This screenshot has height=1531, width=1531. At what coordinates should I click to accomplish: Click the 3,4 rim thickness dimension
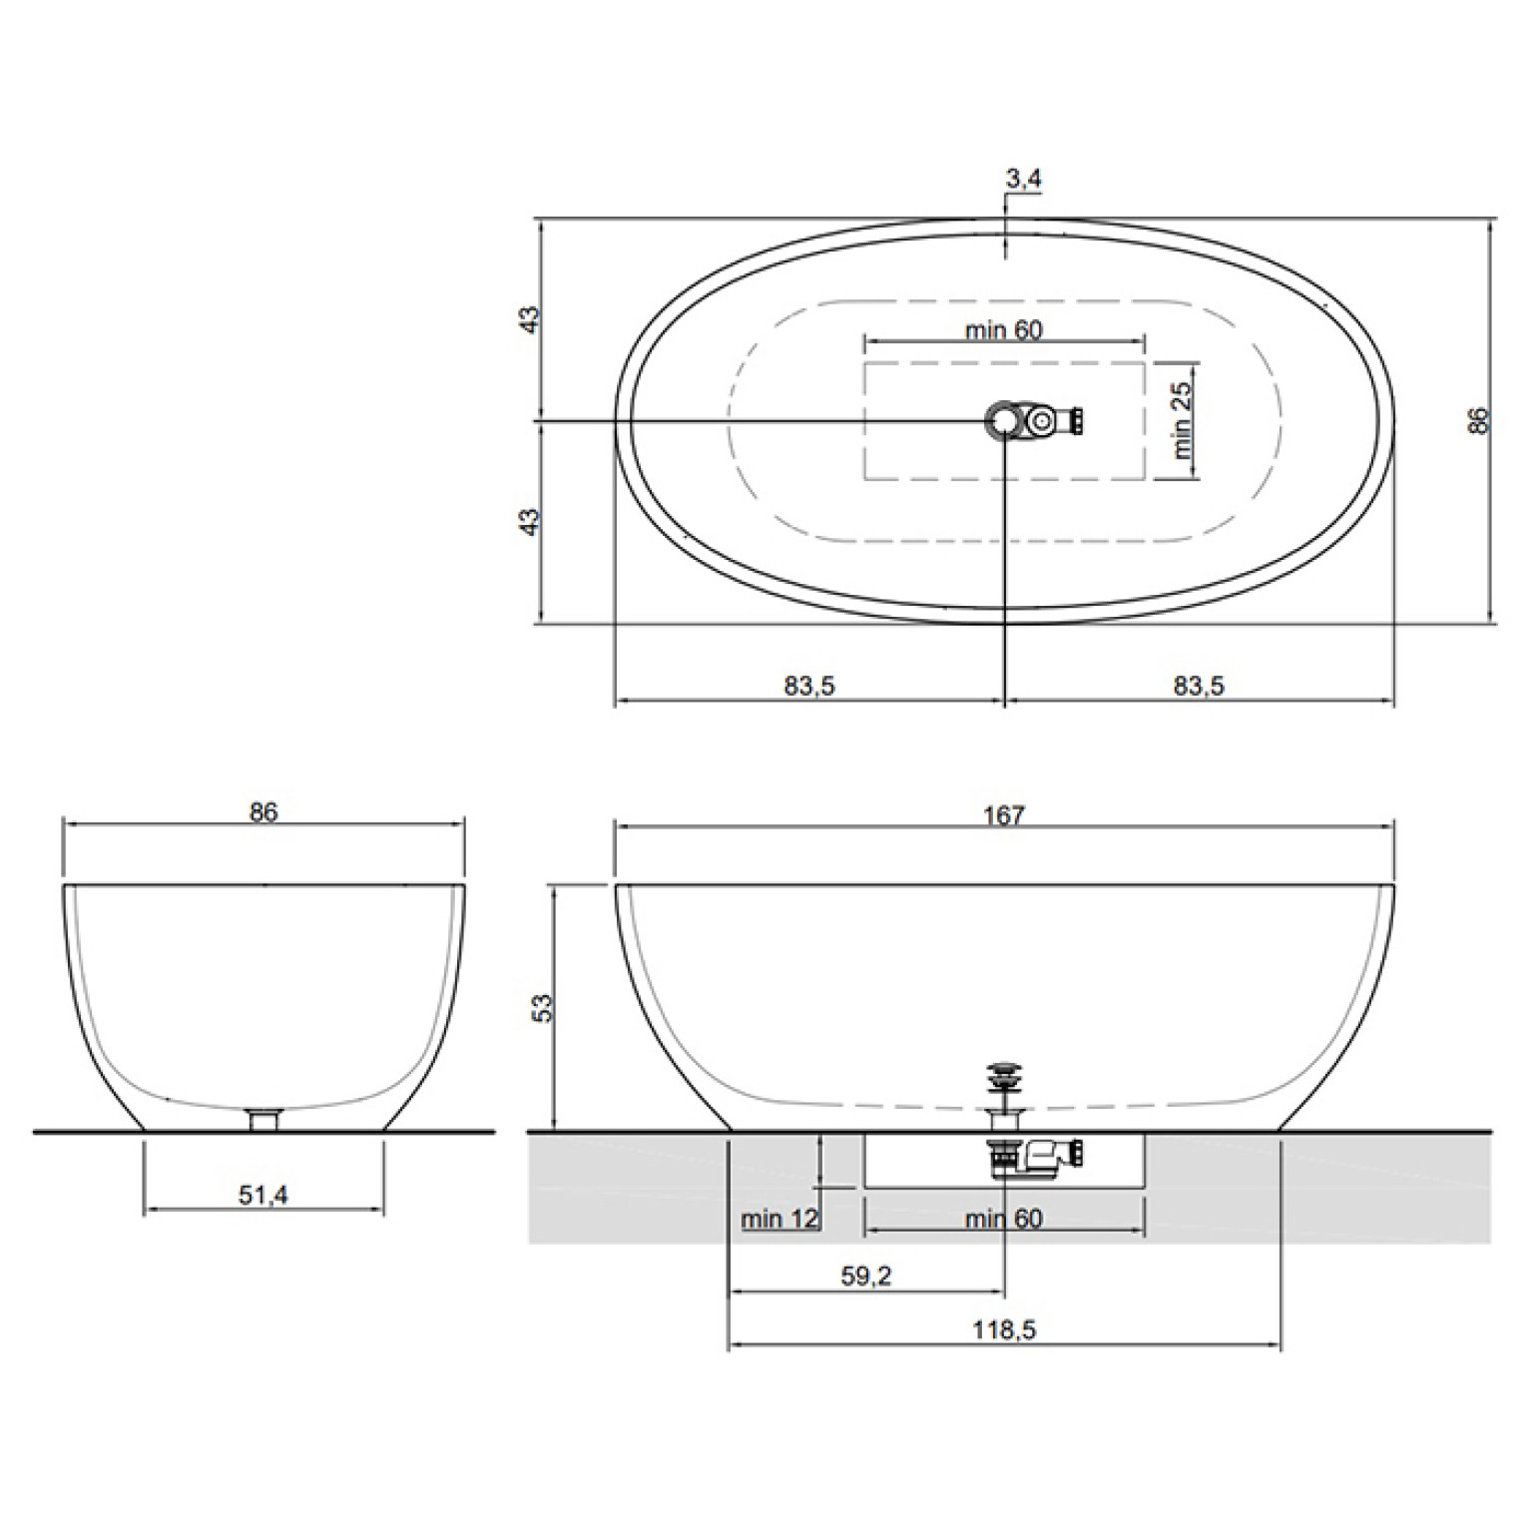click(1024, 180)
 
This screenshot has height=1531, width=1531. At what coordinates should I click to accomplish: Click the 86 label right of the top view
click(1479, 420)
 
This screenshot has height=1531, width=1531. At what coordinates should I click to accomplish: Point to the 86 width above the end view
click(263, 812)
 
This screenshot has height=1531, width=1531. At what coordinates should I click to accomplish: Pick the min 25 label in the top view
click(1183, 420)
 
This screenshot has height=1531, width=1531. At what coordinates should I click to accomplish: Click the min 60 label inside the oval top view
click(1004, 329)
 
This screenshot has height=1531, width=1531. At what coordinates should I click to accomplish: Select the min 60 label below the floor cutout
click(1004, 1219)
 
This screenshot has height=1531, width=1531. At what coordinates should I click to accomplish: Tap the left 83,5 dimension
click(808, 686)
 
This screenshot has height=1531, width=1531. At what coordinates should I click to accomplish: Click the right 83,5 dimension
click(1199, 686)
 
